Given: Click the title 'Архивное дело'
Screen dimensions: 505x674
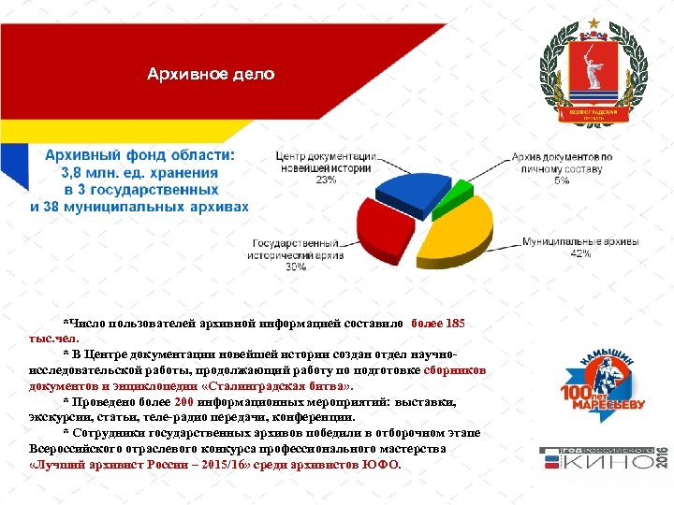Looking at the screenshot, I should tap(211, 74).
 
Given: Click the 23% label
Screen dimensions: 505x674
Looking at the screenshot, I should tap(325, 180).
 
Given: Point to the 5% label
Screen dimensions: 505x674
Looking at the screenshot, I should tap(562, 180).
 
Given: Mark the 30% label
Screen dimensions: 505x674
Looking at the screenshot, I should tap(296, 267).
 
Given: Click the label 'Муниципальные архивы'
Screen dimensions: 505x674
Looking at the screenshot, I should tap(580, 241).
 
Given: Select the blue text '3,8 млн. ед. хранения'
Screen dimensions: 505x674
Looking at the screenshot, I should tap(139, 172).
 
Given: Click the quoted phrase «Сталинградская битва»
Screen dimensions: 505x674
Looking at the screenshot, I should tap(280, 386).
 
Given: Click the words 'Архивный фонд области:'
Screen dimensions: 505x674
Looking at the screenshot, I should tap(140, 155).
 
